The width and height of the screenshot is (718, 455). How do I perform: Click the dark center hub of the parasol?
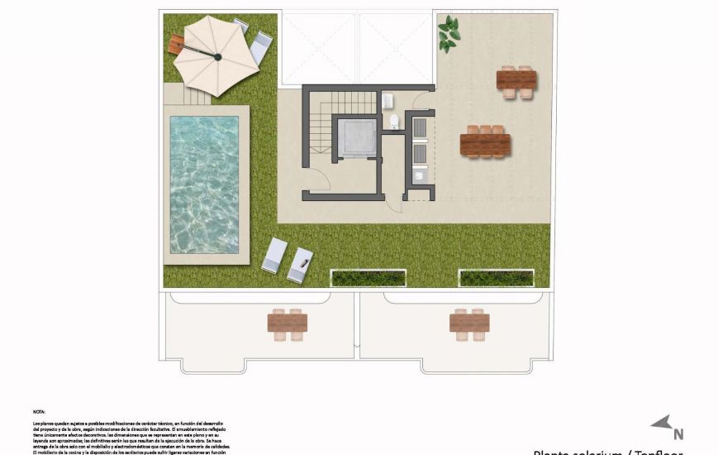pyautogui.click(x=218, y=56)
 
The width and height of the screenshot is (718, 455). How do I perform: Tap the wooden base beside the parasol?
pyautogui.click(x=174, y=46)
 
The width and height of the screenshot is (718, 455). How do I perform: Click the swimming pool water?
pyautogui.click(x=204, y=184)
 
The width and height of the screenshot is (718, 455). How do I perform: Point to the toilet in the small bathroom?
pyautogui.click(x=394, y=122)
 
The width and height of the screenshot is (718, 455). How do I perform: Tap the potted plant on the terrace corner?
pyautogui.click(x=448, y=33)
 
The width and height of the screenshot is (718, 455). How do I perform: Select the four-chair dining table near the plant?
pyautogui.click(x=516, y=81)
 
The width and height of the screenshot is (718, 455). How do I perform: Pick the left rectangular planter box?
pyautogui.click(x=368, y=277)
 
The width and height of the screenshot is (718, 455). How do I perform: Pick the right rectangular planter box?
pyautogui.click(x=496, y=277)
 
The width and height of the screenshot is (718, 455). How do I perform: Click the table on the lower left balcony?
pyautogui.click(x=288, y=323)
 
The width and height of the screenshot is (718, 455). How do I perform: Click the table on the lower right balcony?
pyautogui.click(x=469, y=323)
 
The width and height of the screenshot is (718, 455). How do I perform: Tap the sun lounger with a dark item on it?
pyautogui.click(x=301, y=265)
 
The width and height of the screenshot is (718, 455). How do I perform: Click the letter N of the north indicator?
pyautogui.click(x=678, y=433)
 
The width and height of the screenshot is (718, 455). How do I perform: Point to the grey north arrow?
pyautogui.click(x=661, y=424)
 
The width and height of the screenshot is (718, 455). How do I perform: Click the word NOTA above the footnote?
pyautogui.click(x=39, y=411)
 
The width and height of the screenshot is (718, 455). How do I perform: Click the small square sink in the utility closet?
pyautogui.click(x=419, y=175)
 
